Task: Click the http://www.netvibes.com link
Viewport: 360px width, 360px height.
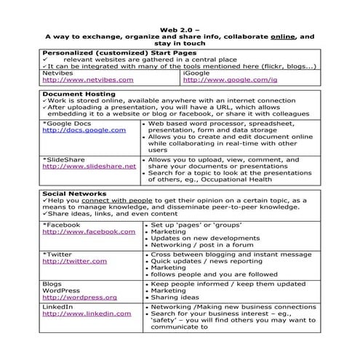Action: tap(87, 80)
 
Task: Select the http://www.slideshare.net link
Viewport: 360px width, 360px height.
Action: tap(89, 166)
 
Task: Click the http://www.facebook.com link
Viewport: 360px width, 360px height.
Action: tap(89, 231)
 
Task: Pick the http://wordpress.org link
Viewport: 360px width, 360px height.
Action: tap(79, 297)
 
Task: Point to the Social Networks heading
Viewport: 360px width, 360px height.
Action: tap(75, 193)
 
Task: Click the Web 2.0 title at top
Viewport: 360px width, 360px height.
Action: tap(180, 26)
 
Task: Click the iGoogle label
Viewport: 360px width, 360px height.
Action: tap(197, 73)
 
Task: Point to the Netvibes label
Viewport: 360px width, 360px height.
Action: tap(57, 73)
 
